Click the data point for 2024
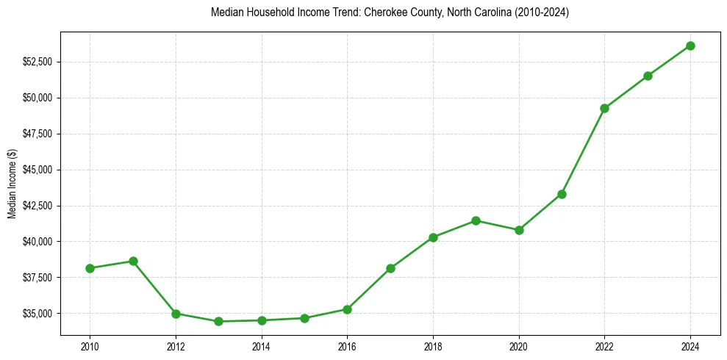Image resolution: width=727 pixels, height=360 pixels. [690, 46]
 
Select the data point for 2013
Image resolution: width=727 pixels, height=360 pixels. [218, 321]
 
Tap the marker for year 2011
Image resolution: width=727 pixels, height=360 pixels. [133, 261]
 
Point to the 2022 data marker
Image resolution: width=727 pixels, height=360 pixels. [604, 108]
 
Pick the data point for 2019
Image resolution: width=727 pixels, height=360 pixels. [476, 220]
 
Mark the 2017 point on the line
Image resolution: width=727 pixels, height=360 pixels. [390, 268]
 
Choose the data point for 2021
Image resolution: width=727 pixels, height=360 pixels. [562, 194]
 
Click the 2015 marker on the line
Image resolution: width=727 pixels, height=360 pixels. [304, 318]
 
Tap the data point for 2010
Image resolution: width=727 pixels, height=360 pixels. [90, 268]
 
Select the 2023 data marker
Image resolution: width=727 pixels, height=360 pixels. [648, 76]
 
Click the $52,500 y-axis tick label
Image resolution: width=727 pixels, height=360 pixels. [38, 62]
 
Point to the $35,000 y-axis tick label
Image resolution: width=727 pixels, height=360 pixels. [38, 314]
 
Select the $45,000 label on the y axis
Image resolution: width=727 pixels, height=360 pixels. [38, 170]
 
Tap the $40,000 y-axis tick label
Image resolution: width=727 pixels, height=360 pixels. [38, 242]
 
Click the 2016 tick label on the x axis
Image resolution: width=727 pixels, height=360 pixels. [347, 346]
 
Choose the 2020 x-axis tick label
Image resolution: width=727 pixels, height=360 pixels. [519, 346]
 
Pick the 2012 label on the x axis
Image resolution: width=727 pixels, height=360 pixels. [176, 346]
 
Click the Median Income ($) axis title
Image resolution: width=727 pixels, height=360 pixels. [12, 183]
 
